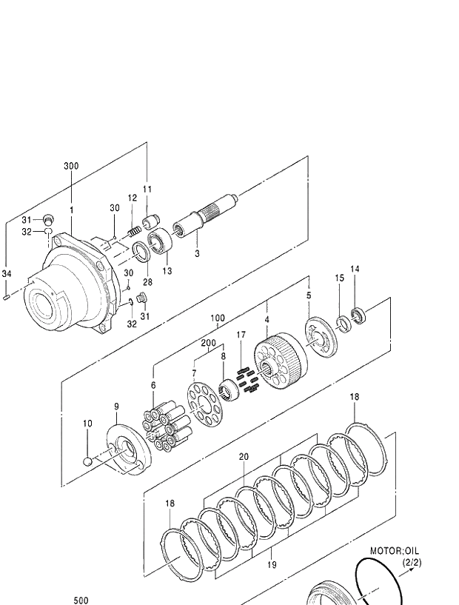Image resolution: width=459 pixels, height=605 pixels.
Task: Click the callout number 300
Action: tap(70, 167)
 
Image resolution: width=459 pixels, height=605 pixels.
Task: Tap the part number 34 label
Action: tap(7, 274)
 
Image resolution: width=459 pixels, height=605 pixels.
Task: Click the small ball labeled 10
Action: tap(88, 461)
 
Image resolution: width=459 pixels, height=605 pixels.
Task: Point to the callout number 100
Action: tap(217, 318)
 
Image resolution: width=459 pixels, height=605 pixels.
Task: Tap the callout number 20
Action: tap(244, 457)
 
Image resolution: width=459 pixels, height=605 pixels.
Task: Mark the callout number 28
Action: tap(147, 282)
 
